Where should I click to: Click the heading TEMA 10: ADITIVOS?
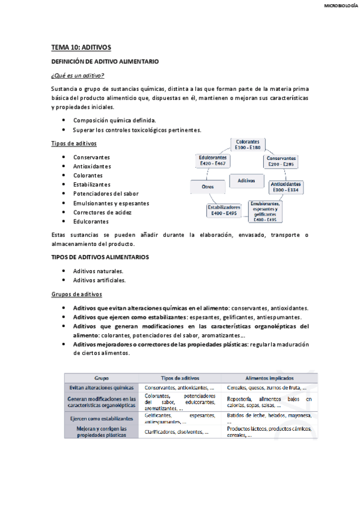(x=81, y=47)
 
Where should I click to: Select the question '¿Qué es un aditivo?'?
(x=78, y=75)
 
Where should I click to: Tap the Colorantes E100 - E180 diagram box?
(x=248, y=144)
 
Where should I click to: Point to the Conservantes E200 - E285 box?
(x=282, y=161)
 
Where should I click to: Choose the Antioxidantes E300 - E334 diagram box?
(x=285, y=186)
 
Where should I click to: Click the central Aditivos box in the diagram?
(x=246, y=180)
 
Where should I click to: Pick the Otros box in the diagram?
(x=207, y=187)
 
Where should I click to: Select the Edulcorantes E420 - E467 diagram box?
(x=212, y=161)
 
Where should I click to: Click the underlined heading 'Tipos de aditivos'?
(x=73, y=143)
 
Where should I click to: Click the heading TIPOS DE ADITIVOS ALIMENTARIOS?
(x=100, y=257)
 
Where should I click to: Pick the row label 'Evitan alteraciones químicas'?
(x=102, y=388)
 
